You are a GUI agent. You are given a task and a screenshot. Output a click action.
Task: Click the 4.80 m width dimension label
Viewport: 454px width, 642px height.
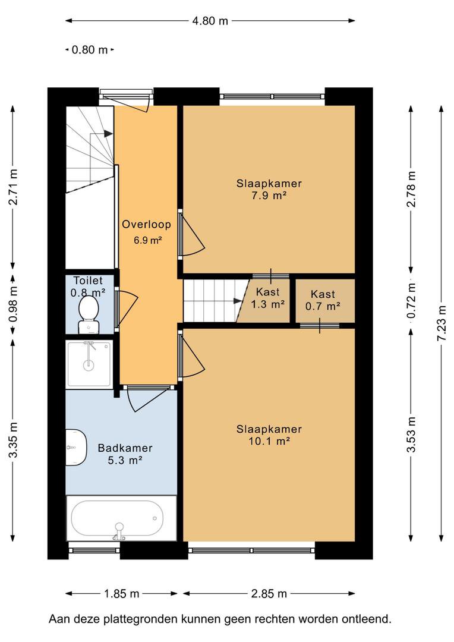tap(210, 21)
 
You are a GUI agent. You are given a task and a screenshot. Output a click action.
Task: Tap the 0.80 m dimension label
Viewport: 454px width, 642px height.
tap(90, 50)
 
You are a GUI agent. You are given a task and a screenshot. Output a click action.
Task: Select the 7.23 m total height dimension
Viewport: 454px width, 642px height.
tap(441, 323)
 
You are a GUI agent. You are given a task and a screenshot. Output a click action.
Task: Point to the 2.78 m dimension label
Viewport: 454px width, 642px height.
tap(411, 189)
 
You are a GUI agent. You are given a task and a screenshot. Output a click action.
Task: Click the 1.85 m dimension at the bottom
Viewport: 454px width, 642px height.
tap(122, 593)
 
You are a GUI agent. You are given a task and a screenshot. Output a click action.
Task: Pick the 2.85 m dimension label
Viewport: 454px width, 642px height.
tap(269, 593)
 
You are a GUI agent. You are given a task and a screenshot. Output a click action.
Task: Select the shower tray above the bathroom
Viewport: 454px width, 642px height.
tap(89, 364)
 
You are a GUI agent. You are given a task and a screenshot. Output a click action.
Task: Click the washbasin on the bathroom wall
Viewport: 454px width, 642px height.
tap(76, 448)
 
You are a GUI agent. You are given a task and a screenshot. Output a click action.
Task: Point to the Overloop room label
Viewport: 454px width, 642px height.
tap(147, 224)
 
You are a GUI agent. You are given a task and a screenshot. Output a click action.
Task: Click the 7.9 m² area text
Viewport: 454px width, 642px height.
tap(269, 196)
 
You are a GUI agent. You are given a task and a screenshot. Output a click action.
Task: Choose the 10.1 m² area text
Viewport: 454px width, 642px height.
tap(269, 441)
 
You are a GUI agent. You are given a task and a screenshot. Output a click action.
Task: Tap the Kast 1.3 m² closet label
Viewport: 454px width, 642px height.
tap(268, 298)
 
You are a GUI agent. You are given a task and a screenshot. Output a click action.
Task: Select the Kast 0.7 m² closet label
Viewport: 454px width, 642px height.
tap(323, 300)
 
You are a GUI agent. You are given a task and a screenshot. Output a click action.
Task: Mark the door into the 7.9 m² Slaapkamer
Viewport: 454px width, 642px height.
tap(191, 234)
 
